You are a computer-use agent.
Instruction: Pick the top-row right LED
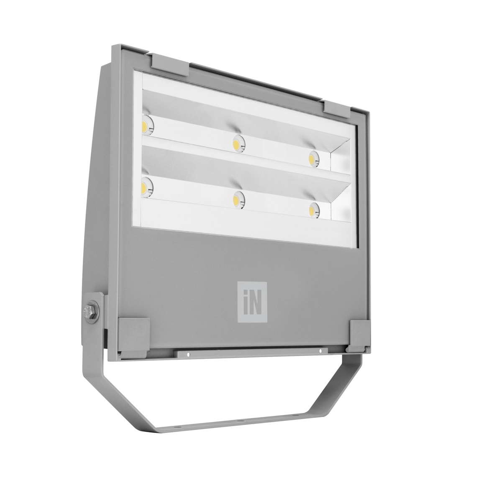coord(313,159)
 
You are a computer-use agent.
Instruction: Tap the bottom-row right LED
coord(313,210)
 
